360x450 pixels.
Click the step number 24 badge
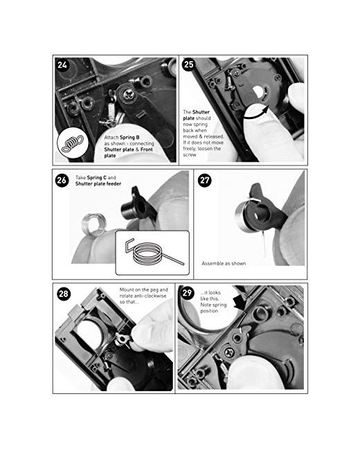coord(62,65)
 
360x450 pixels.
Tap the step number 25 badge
coord(189,64)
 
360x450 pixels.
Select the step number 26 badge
coord(62,181)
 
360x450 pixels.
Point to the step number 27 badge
coord(205,180)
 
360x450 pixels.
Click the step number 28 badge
coord(64,294)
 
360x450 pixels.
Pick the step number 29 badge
coord(187,293)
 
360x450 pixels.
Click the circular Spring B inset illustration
coord(73,143)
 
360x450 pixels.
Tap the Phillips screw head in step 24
coord(128,93)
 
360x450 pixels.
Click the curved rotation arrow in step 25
coord(256,113)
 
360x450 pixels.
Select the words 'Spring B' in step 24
coord(129,138)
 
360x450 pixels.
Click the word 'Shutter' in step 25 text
coord(201,112)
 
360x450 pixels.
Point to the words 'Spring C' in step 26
coord(97,178)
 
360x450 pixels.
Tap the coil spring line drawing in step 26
coord(154,251)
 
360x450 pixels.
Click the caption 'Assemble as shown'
coord(224,264)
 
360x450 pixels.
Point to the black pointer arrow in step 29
coord(240,303)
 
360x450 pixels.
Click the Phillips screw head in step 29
coord(229,352)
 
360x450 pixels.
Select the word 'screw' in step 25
coord(190,154)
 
